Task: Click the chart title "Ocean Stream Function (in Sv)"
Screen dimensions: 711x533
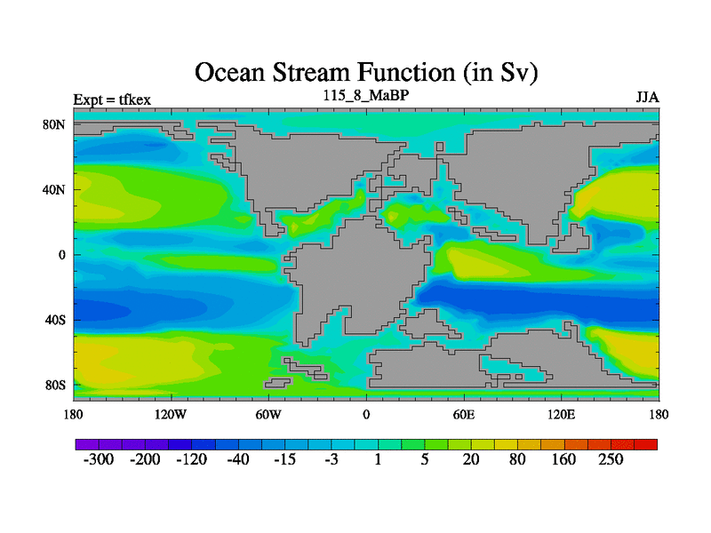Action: pyautogui.click(x=366, y=73)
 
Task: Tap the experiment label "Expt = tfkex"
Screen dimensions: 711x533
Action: pyautogui.click(x=112, y=99)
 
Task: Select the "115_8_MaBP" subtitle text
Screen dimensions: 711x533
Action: pyautogui.click(x=366, y=95)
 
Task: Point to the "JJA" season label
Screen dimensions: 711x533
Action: pyautogui.click(x=648, y=98)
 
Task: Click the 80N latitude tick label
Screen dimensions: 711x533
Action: pyautogui.click(x=54, y=124)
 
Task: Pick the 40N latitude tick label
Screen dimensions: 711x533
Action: pyautogui.click(x=54, y=189)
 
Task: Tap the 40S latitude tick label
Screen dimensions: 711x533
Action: pyautogui.click(x=55, y=320)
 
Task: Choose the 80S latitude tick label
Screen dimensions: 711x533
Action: pyautogui.click(x=55, y=386)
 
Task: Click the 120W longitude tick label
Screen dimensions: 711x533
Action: pyautogui.click(x=171, y=414)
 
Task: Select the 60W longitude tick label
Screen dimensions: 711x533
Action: pyautogui.click(x=268, y=414)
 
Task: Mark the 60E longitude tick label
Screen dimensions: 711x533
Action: pyautogui.click(x=464, y=414)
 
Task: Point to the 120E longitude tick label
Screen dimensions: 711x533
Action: pyautogui.click(x=562, y=414)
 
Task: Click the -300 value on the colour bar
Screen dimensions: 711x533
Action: pyautogui.click(x=99, y=459)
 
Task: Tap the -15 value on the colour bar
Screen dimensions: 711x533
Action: pyautogui.click(x=284, y=459)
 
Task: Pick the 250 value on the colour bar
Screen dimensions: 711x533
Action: pyautogui.click(x=611, y=459)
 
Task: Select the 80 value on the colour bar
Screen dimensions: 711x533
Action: pyautogui.click(x=517, y=459)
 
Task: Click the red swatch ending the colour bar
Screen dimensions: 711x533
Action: pyautogui.click(x=646, y=444)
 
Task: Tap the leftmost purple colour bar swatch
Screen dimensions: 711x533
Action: pyautogui.click(x=87, y=444)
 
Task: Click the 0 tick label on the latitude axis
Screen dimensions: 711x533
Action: pyautogui.click(x=61, y=255)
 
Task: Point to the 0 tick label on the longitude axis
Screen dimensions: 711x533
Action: pyautogui.click(x=366, y=414)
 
